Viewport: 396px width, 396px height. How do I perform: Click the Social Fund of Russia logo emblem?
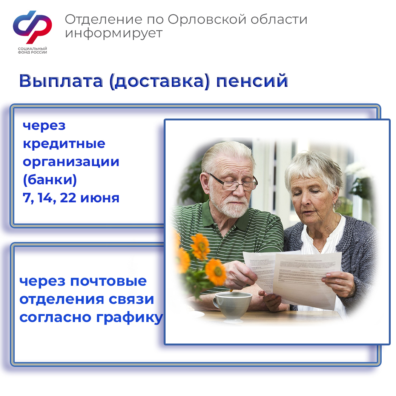click(32, 26)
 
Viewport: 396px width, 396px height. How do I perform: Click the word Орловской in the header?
click(207, 19)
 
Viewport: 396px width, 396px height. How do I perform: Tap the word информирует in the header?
click(114, 34)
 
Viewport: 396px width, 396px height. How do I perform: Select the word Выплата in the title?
click(61, 81)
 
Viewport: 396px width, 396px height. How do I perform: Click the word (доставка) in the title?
click(160, 82)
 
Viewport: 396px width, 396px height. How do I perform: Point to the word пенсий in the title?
click(252, 81)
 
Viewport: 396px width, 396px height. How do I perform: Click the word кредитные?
click(64, 144)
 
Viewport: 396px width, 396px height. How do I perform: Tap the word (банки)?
click(50, 180)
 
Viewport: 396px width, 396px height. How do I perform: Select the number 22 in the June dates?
click(68, 198)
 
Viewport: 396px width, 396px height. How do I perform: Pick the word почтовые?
click(108, 281)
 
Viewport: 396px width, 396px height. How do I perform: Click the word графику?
click(130, 318)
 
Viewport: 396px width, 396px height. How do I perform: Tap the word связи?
click(131, 299)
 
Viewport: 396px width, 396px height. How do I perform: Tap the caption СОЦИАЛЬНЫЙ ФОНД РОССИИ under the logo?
click(32, 50)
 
